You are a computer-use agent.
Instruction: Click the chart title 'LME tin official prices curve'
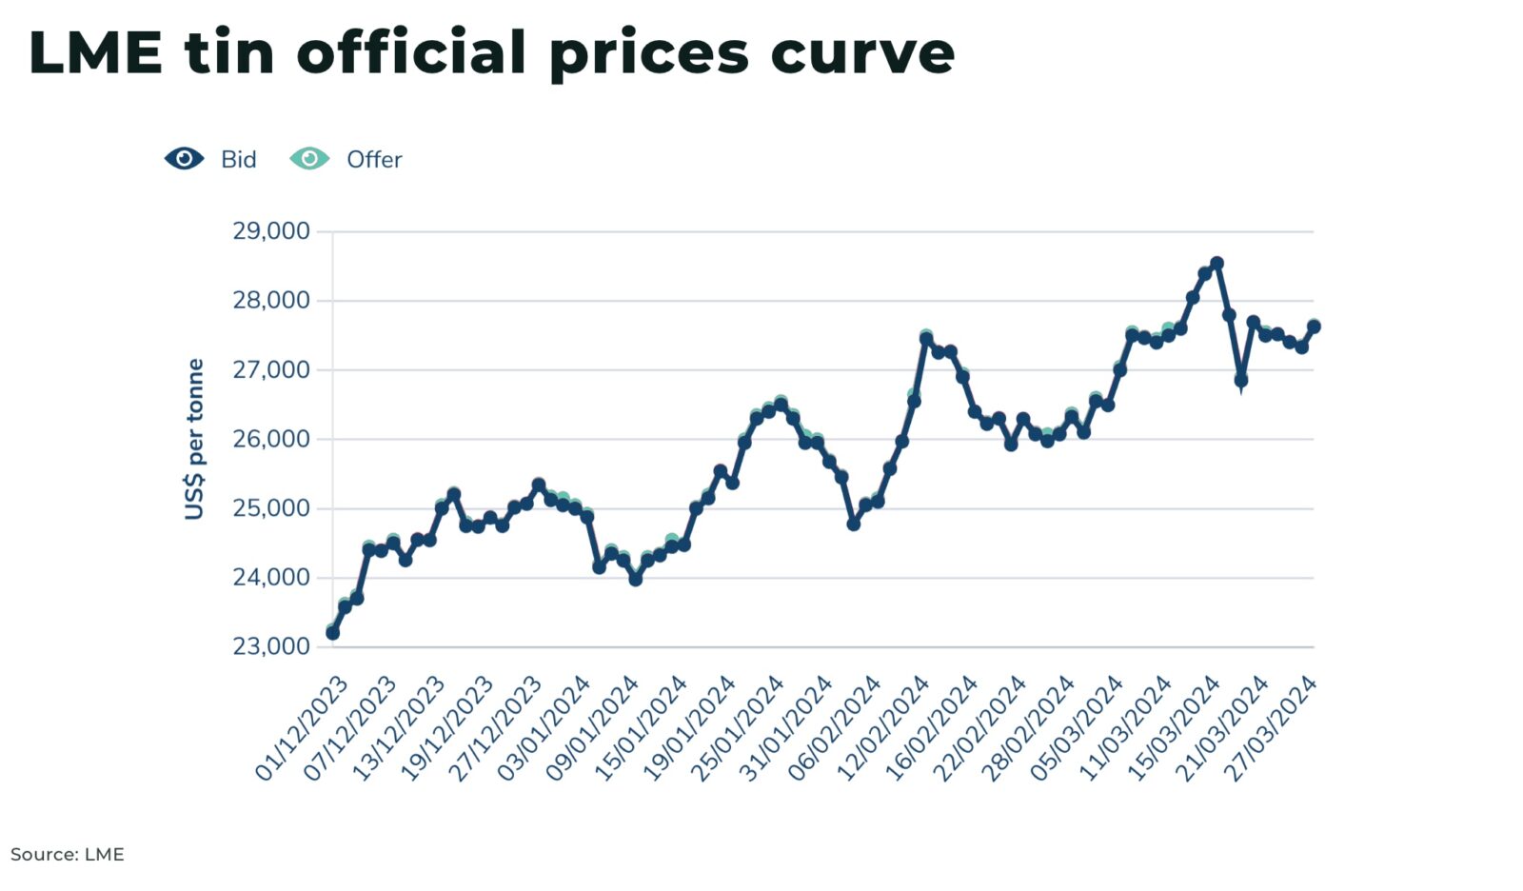(x=491, y=52)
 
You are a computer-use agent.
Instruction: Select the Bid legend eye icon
(x=184, y=159)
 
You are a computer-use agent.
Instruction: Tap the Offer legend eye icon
(x=309, y=159)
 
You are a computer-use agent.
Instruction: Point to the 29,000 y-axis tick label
(x=271, y=231)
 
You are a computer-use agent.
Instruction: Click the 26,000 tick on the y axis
(x=271, y=439)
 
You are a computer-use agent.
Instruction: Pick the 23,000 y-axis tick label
(x=271, y=646)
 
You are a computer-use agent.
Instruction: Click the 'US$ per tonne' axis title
(x=195, y=439)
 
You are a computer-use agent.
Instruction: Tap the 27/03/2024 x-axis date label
(x=1271, y=728)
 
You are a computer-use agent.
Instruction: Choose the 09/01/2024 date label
(x=593, y=728)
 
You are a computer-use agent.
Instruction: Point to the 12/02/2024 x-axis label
(x=883, y=728)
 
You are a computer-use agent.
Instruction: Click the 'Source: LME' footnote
(x=68, y=854)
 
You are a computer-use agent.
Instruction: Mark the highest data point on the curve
(x=1216, y=263)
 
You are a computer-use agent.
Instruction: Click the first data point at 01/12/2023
(x=332, y=633)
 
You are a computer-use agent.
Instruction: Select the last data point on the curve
(x=1314, y=327)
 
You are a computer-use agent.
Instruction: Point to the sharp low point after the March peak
(x=1240, y=381)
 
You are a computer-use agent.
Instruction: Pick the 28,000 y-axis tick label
(x=271, y=301)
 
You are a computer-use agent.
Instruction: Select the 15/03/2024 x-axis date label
(x=1174, y=728)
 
